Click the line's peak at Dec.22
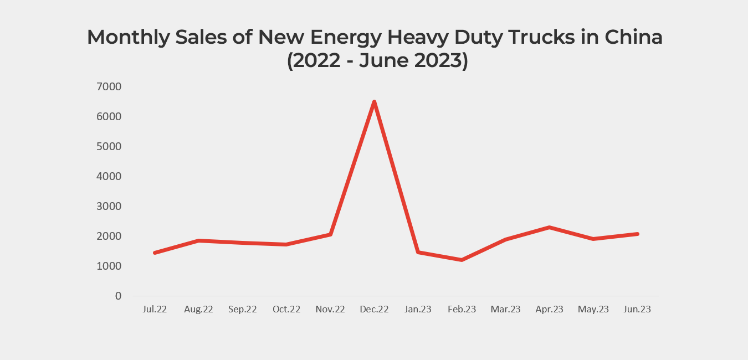coord(374,102)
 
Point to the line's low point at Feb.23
coord(462,260)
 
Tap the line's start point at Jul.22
coord(155,253)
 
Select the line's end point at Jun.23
coord(637,234)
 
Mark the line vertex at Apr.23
coord(549,227)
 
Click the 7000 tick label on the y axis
coord(110,86)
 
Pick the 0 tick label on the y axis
coord(118,296)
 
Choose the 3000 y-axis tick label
coord(110,206)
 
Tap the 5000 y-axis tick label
coord(110,146)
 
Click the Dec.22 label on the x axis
coord(374,309)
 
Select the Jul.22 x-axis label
coord(155,309)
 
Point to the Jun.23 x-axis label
coord(637,309)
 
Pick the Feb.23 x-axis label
coord(462,309)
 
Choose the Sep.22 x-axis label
coord(242,309)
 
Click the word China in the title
coord(633,37)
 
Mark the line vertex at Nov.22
coord(330,234)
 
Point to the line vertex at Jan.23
coord(418,252)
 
